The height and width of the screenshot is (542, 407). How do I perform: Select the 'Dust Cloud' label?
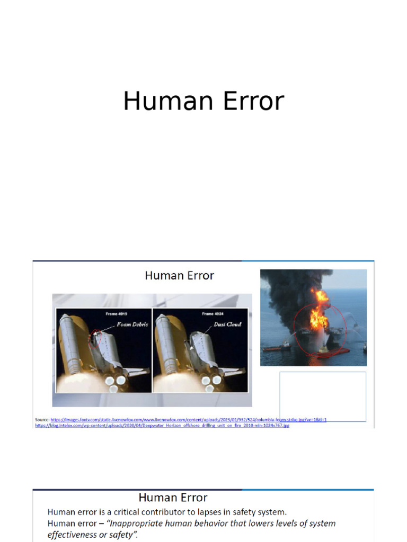[x=227, y=324]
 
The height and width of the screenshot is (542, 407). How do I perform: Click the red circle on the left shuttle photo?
[x=96, y=338]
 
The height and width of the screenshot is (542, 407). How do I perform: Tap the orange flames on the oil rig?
[x=320, y=312]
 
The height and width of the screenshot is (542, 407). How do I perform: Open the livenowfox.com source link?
[x=188, y=420]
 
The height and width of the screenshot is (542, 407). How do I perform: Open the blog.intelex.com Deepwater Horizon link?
[x=162, y=425]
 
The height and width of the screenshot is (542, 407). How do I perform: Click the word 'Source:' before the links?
[x=42, y=420]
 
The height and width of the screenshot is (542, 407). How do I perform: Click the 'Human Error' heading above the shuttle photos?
[x=179, y=275]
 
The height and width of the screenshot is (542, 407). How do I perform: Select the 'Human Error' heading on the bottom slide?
[x=173, y=498]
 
